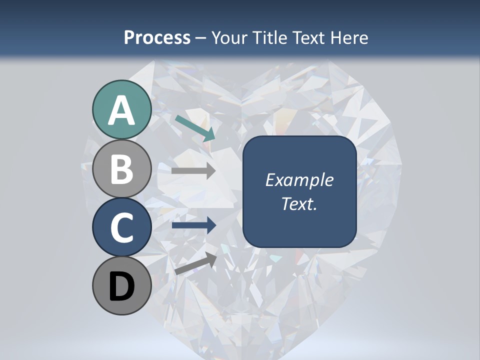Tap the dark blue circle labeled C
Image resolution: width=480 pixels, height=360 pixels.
pyautogui.click(x=121, y=227)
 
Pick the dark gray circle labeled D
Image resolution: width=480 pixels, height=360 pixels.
pyautogui.click(x=121, y=286)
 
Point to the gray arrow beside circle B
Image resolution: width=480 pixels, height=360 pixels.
pyautogui.click(x=193, y=171)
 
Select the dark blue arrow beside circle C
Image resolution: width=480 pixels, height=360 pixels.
pyautogui.click(x=193, y=225)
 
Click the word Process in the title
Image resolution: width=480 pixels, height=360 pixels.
pyautogui.click(x=157, y=37)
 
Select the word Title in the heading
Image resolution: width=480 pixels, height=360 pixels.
pyautogui.click(x=270, y=37)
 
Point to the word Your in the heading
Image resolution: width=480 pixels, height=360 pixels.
pyautogui.click(x=229, y=37)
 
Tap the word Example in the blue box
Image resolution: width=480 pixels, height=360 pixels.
pyautogui.click(x=299, y=180)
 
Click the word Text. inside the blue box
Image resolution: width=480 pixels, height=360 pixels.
pyautogui.click(x=299, y=203)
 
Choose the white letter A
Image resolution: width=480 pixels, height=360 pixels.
pyautogui.click(x=121, y=111)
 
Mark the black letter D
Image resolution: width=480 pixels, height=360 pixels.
pyautogui.click(x=121, y=287)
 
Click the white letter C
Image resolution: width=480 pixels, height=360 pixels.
pyautogui.click(x=121, y=227)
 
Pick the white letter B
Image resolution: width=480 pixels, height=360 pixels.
pyautogui.click(x=121, y=169)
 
